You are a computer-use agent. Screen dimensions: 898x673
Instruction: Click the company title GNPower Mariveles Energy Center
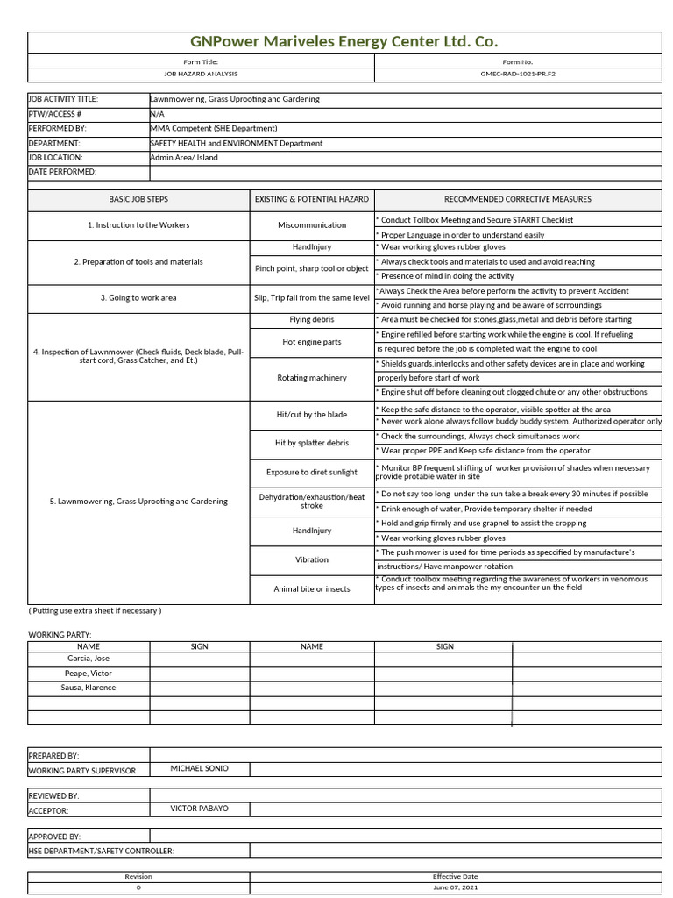(344, 42)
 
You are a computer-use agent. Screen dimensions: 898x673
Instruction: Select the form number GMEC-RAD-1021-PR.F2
(517, 75)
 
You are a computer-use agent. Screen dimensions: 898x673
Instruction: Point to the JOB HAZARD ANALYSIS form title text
(201, 75)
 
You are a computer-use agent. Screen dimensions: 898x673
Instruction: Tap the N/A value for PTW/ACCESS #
(158, 114)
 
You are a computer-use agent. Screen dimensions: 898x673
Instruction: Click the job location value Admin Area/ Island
(184, 158)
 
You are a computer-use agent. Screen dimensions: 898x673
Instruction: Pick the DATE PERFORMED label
(62, 172)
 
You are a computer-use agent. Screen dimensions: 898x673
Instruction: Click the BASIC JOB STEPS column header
(138, 199)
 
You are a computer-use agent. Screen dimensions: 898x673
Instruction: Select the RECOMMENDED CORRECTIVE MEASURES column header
(517, 199)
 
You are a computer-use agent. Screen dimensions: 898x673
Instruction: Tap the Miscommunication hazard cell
(312, 225)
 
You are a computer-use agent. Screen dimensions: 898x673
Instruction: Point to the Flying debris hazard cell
(312, 320)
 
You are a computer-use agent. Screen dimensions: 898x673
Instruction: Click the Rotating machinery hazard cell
(312, 378)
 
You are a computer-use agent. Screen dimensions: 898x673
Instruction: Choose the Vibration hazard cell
(312, 559)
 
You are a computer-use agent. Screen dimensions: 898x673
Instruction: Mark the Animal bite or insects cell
(312, 589)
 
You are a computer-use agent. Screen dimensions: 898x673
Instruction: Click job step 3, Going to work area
(138, 298)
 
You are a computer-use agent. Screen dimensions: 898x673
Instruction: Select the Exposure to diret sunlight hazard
(312, 473)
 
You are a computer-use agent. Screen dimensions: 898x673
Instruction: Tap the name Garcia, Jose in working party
(89, 659)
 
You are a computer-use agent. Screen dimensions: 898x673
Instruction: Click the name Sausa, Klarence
(89, 688)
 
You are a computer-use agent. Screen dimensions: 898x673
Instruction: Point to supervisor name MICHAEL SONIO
(199, 768)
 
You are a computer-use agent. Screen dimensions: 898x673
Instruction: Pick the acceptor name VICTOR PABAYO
(199, 809)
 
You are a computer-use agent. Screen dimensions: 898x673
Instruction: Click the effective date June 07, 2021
(455, 887)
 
